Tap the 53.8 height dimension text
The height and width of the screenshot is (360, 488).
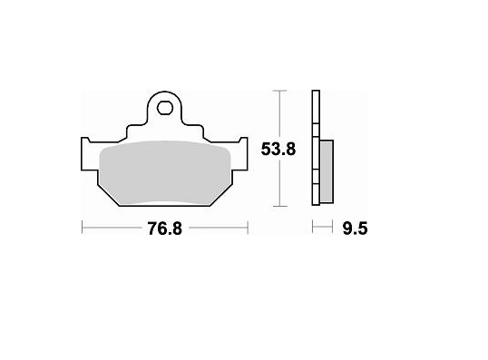(x=279, y=151)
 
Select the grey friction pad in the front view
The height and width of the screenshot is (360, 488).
(x=165, y=173)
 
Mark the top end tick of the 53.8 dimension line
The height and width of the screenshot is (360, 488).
(x=279, y=91)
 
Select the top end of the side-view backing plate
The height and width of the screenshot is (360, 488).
(x=315, y=93)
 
